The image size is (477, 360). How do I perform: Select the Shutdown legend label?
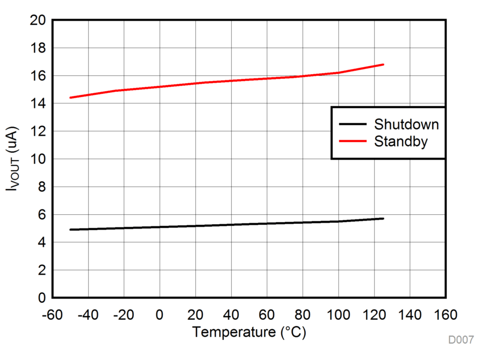tap(406, 125)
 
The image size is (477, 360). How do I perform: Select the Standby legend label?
tap(401, 142)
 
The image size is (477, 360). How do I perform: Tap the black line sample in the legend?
tap(353, 125)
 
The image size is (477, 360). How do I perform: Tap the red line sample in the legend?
tap(353, 142)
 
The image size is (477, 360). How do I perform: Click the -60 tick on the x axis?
tap(52, 315)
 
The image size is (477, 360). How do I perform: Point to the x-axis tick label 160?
tap(445, 315)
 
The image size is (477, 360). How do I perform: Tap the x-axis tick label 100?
tap(338, 315)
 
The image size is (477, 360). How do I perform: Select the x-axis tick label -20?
tap(124, 315)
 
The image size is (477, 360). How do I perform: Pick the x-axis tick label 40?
tap(231, 315)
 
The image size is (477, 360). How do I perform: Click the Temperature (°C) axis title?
tap(249, 332)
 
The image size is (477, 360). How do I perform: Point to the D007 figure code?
tap(461, 340)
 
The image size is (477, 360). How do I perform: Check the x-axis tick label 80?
tap(302, 315)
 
